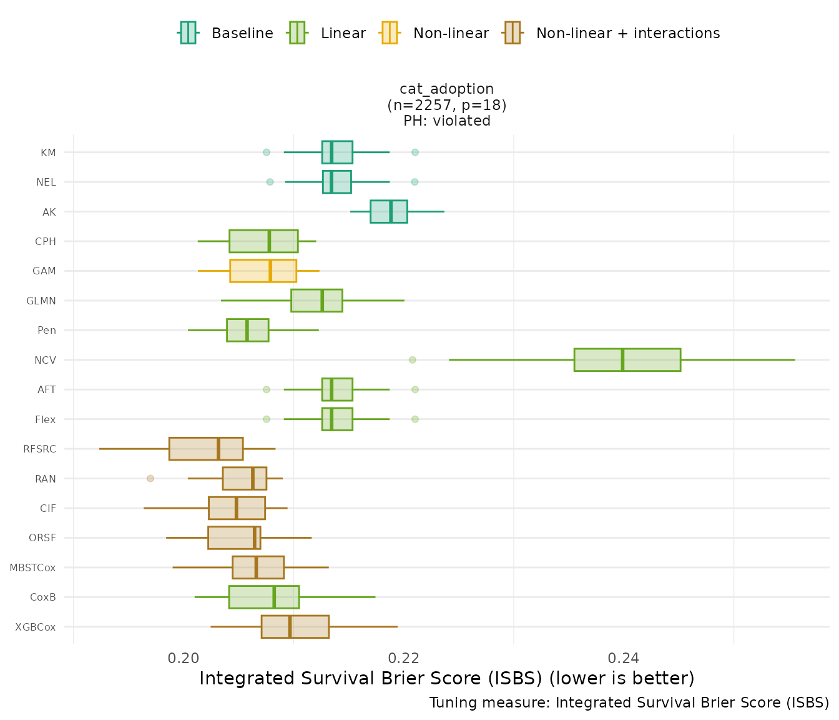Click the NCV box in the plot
[x=627, y=360]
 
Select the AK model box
[x=388, y=212]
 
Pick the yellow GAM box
[x=263, y=271]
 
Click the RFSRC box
[x=205, y=449]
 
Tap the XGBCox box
[x=295, y=627]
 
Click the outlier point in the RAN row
[x=150, y=479]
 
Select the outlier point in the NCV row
[x=413, y=360]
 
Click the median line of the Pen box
[x=247, y=330]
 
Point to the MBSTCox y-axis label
[x=32, y=567]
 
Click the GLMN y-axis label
[x=41, y=301]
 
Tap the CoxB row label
[x=43, y=597]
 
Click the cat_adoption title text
[x=446, y=89]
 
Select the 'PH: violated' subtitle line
[x=446, y=121]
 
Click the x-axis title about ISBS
[x=446, y=679]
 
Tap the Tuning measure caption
[x=629, y=703]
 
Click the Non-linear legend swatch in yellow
[x=389, y=33]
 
